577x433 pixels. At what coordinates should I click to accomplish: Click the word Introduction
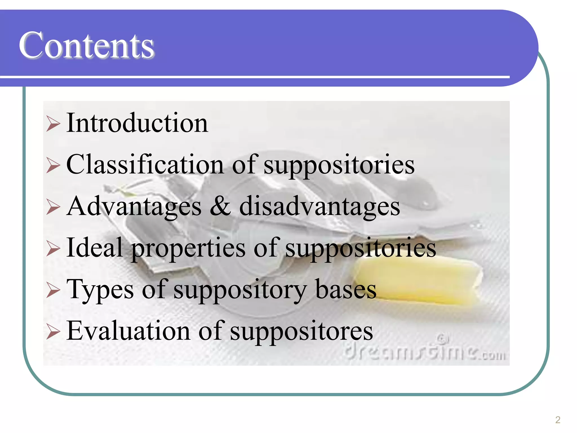click(137, 123)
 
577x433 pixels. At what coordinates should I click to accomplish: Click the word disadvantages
click(319, 206)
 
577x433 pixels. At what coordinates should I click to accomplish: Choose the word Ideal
click(95, 248)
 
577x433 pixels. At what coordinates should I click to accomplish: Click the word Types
click(100, 290)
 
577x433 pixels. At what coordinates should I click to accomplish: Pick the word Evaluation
click(128, 331)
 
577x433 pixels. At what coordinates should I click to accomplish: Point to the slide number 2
click(558, 420)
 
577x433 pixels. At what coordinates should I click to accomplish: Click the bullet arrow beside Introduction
click(53, 124)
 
